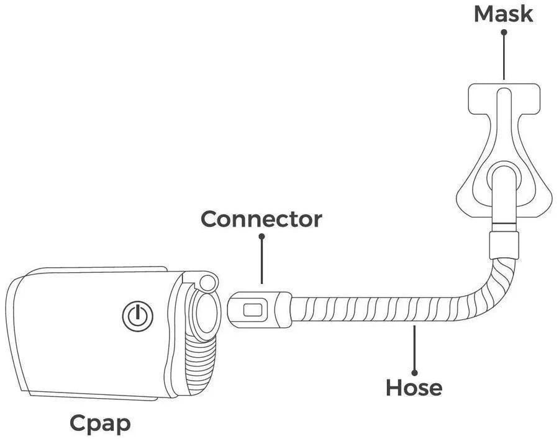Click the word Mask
(503, 14)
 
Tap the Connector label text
(261, 218)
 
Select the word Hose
(414, 388)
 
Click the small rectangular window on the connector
(253, 309)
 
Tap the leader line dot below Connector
(261, 236)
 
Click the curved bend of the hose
(484, 291)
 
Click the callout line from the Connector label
(261, 260)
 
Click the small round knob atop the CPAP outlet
(208, 282)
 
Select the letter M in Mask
(484, 14)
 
